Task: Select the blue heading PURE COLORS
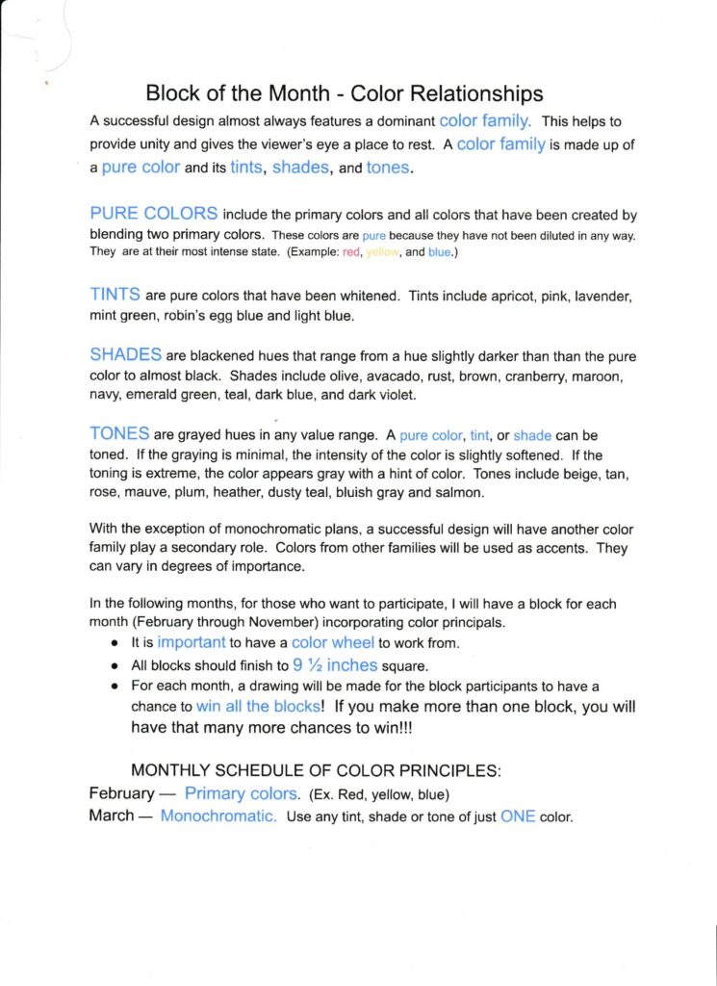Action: (x=153, y=214)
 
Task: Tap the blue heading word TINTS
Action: (x=115, y=294)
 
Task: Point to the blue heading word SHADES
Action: (x=125, y=355)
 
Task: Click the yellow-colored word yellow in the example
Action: (x=382, y=252)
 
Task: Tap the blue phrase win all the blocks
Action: (x=258, y=706)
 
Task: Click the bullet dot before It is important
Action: (x=115, y=643)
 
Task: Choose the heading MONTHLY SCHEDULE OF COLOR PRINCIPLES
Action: (x=316, y=770)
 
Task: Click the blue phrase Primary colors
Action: (x=241, y=793)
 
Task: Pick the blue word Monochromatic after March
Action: (x=218, y=817)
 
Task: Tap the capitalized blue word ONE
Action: (x=518, y=817)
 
